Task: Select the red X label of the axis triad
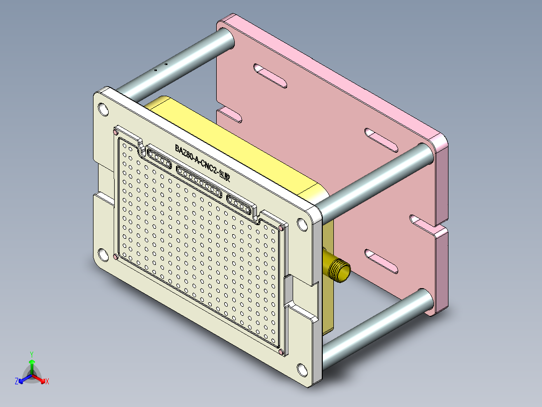47,382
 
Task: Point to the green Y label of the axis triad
31,354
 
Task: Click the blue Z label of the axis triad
17,382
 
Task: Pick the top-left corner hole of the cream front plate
103,108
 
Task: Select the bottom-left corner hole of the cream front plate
103,254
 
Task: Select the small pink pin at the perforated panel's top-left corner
116,132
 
